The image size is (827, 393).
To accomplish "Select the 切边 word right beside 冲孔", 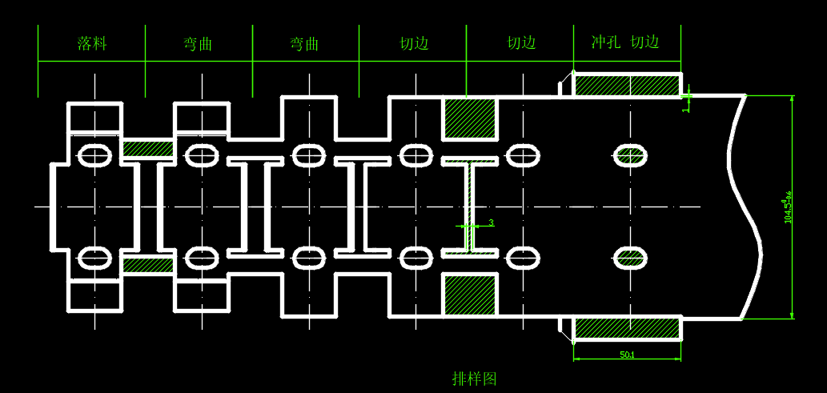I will click(x=644, y=42).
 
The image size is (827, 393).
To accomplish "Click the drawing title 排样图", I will click(x=475, y=379).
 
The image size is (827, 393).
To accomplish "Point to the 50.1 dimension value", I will click(x=628, y=355).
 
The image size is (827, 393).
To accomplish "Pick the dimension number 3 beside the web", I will click(x=491, y=223).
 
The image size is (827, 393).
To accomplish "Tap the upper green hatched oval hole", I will click(x=629, y=155).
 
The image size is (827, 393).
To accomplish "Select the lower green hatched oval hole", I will click(x=629, y=258).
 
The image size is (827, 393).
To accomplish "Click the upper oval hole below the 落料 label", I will click(x=94, y=154).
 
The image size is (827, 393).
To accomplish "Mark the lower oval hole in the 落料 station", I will click(x=94, y=258).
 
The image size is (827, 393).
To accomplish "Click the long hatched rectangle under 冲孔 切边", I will click(x=627, y=85).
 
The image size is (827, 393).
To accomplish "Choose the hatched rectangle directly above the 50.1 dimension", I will click(x=627, y=327).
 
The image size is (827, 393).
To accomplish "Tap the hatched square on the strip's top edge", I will click(x=470, y=117).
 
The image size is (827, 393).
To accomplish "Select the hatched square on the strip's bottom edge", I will click(x=470, y=295).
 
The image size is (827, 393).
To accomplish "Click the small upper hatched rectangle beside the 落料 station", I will click(x=148, y=149).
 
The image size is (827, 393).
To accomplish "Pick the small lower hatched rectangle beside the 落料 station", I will click(x=148, y=265).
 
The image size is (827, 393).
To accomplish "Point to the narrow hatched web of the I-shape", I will click(x=470, y=207).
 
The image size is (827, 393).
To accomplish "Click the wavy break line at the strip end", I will click(x=745, y=207).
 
